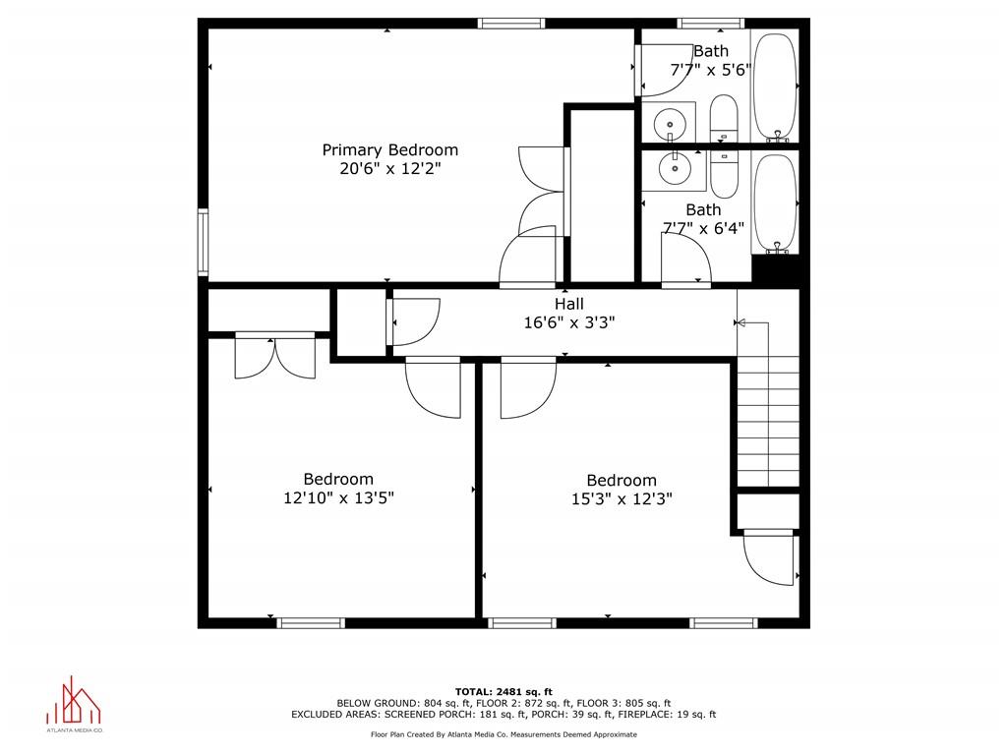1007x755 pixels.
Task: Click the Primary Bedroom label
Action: click(x=390, y=149)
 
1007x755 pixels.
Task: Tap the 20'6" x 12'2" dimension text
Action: click(x=390, y=169)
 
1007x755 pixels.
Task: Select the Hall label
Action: click(x=568, y=304)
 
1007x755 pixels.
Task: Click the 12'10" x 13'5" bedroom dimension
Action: click(x=338, y=497)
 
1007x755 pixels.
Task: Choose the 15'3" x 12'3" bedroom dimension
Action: click(x=622, y=498)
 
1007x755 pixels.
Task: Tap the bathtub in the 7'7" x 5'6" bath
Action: click(x=775, y=87)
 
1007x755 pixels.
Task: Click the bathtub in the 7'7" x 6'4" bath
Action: click(x=775, y=203)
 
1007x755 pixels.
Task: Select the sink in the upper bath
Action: click(x=673, y=124)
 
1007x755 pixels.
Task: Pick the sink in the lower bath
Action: click(x=676, y=167)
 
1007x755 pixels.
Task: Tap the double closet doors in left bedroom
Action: click(x=275, y=356)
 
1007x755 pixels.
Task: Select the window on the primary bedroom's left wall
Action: click(x=203, y=241)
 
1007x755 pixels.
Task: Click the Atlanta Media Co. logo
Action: click(x=75, y=705)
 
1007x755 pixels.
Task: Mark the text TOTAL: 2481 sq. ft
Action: click(x=503, y=691)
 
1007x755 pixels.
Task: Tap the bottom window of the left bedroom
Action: click(x=310, y=622)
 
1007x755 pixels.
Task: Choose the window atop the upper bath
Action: click(x=711, y=23)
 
